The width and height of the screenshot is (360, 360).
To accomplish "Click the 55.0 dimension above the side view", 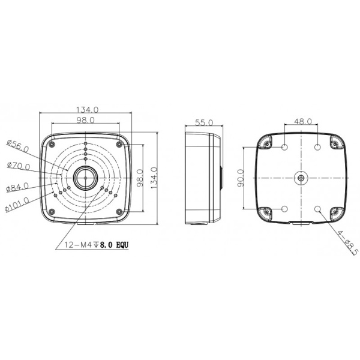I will pyautogui.click(x=205, y=122).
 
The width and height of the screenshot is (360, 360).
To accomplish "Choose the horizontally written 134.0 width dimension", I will pyautogui.click(x=87, y=110).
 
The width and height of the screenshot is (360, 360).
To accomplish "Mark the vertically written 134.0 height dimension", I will pyautogui.click(x=154, y=178).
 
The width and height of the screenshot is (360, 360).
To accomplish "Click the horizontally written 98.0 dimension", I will pyautogui.click(x=87, y=121).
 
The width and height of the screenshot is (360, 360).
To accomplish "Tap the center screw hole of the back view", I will pyautogui.click(x=301, y=178).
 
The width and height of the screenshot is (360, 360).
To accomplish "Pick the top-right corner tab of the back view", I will pyautogui.click(x=335, y=142).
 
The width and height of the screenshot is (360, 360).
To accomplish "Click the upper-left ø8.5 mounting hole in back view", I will pyautogui.click(x=284, y=148).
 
